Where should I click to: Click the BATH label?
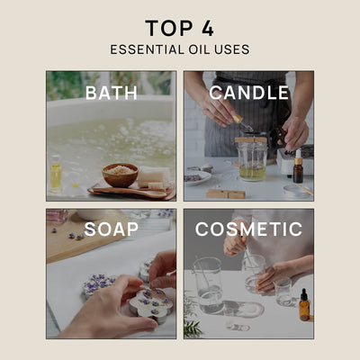pos(111,93)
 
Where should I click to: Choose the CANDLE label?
pos(249,93)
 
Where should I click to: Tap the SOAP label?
pos(111,229)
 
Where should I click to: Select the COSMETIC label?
pos(249,229)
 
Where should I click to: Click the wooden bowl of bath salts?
pos(120,175)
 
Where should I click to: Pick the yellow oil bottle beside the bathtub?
pos(56,175)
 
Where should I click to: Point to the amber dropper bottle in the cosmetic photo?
pos(304,306)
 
